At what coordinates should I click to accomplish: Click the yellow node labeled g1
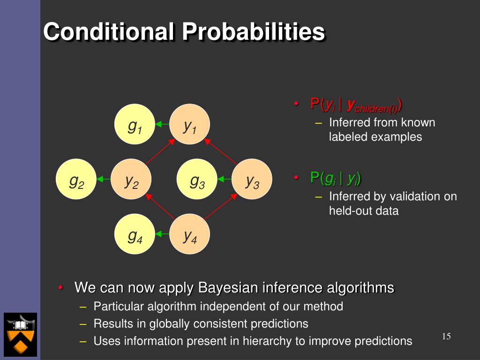pos(135,124)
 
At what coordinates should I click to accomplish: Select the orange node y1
pos(189,124)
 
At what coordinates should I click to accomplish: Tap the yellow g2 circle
pos(76,179)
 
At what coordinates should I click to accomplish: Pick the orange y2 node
pos(131,179)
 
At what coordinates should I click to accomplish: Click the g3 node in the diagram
pos(197,179)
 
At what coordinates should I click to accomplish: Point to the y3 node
pos(252,179)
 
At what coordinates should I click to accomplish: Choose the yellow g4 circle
pos(135,234)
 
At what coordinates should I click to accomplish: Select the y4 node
pos(189,234)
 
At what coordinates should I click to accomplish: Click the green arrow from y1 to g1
pos(162,124)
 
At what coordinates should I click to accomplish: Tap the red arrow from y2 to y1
pos(160,151)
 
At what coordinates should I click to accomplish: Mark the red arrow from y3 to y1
pos(221,151)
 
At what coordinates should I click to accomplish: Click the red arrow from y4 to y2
pos(160,207)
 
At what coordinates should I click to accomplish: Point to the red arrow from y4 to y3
pos(221,207)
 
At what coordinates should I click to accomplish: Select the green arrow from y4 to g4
pos(162,234)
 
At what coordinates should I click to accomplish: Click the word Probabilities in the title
pos(254,31)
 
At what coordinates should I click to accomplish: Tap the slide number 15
pos(446,337)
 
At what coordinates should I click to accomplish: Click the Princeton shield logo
pos(20,335)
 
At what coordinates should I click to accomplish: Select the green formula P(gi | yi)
pos(336,178)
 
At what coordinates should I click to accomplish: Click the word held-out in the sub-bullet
pos(348,211)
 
